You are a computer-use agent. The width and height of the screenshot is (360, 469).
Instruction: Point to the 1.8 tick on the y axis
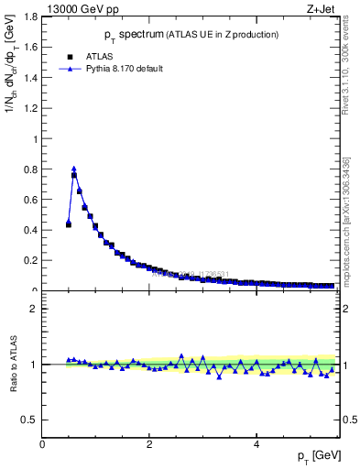pos(32,17)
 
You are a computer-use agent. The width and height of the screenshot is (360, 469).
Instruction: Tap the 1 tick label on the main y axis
pos(37,139)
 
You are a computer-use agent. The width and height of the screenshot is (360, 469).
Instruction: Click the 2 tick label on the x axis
pos(149,445)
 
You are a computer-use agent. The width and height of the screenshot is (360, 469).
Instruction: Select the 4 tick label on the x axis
pos(256,445)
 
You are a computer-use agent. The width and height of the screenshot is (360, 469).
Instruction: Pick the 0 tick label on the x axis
pos(43,445)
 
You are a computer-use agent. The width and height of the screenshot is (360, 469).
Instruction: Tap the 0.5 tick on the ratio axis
pos(32,420)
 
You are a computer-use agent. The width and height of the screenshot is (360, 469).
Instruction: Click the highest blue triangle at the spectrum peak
pos(73,169)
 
